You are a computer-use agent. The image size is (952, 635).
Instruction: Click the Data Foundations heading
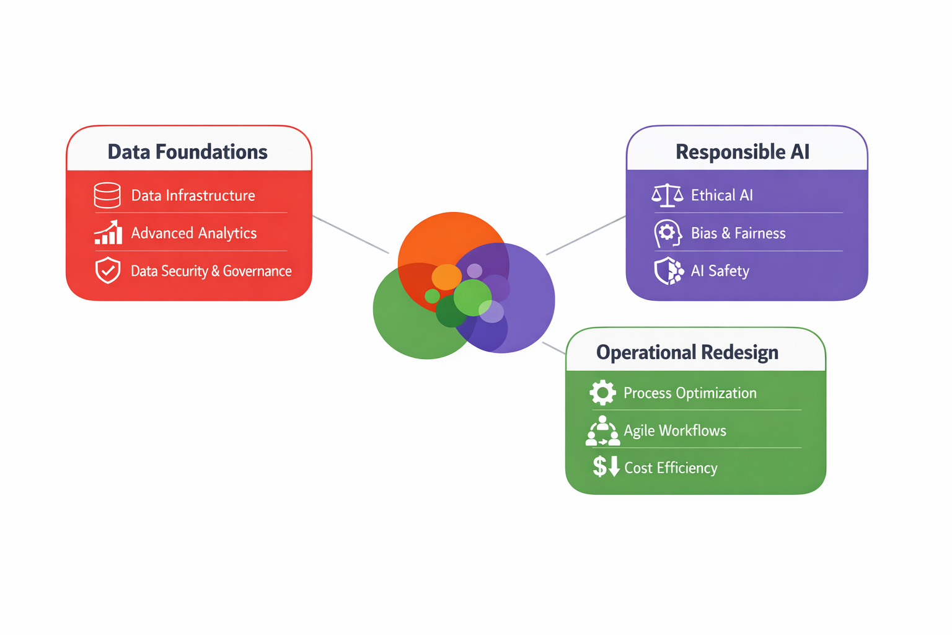coord(187,152)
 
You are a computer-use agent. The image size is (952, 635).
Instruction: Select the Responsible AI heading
coord(742,152)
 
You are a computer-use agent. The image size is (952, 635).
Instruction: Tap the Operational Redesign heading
coord(687,352)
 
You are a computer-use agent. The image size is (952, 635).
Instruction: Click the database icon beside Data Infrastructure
coord(107,195)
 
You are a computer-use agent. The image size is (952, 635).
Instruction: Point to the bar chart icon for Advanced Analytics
coord(108,233)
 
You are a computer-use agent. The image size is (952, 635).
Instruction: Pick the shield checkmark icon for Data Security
coord(108,270)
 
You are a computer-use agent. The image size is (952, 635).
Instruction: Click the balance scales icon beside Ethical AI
coord(667,195)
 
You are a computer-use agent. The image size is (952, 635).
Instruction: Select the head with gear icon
coord(667,233)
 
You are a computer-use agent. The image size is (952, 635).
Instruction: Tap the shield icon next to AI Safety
coord(669,271)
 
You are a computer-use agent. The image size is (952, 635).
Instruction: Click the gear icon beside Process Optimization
coord(602,393)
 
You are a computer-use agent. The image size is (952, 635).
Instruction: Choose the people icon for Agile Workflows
coord(602,431)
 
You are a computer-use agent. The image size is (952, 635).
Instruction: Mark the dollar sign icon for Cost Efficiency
coord(606,466)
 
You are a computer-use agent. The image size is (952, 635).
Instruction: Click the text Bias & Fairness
coord(738,233)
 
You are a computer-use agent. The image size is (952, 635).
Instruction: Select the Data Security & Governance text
coord(211,271)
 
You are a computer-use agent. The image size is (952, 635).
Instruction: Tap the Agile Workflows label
coord(675,430)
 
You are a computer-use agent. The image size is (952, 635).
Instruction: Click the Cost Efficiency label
coord(671,468)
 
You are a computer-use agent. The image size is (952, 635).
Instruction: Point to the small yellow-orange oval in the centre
coord(446,277)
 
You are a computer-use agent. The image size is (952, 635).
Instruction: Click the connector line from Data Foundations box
coord(351,234)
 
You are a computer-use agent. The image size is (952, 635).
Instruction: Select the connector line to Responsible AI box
coord(586,235)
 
